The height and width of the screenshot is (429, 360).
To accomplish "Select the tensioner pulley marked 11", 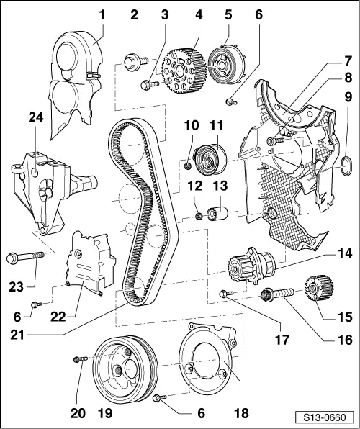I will point(210,158).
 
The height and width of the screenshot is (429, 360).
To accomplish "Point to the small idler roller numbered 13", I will point(217,214).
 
